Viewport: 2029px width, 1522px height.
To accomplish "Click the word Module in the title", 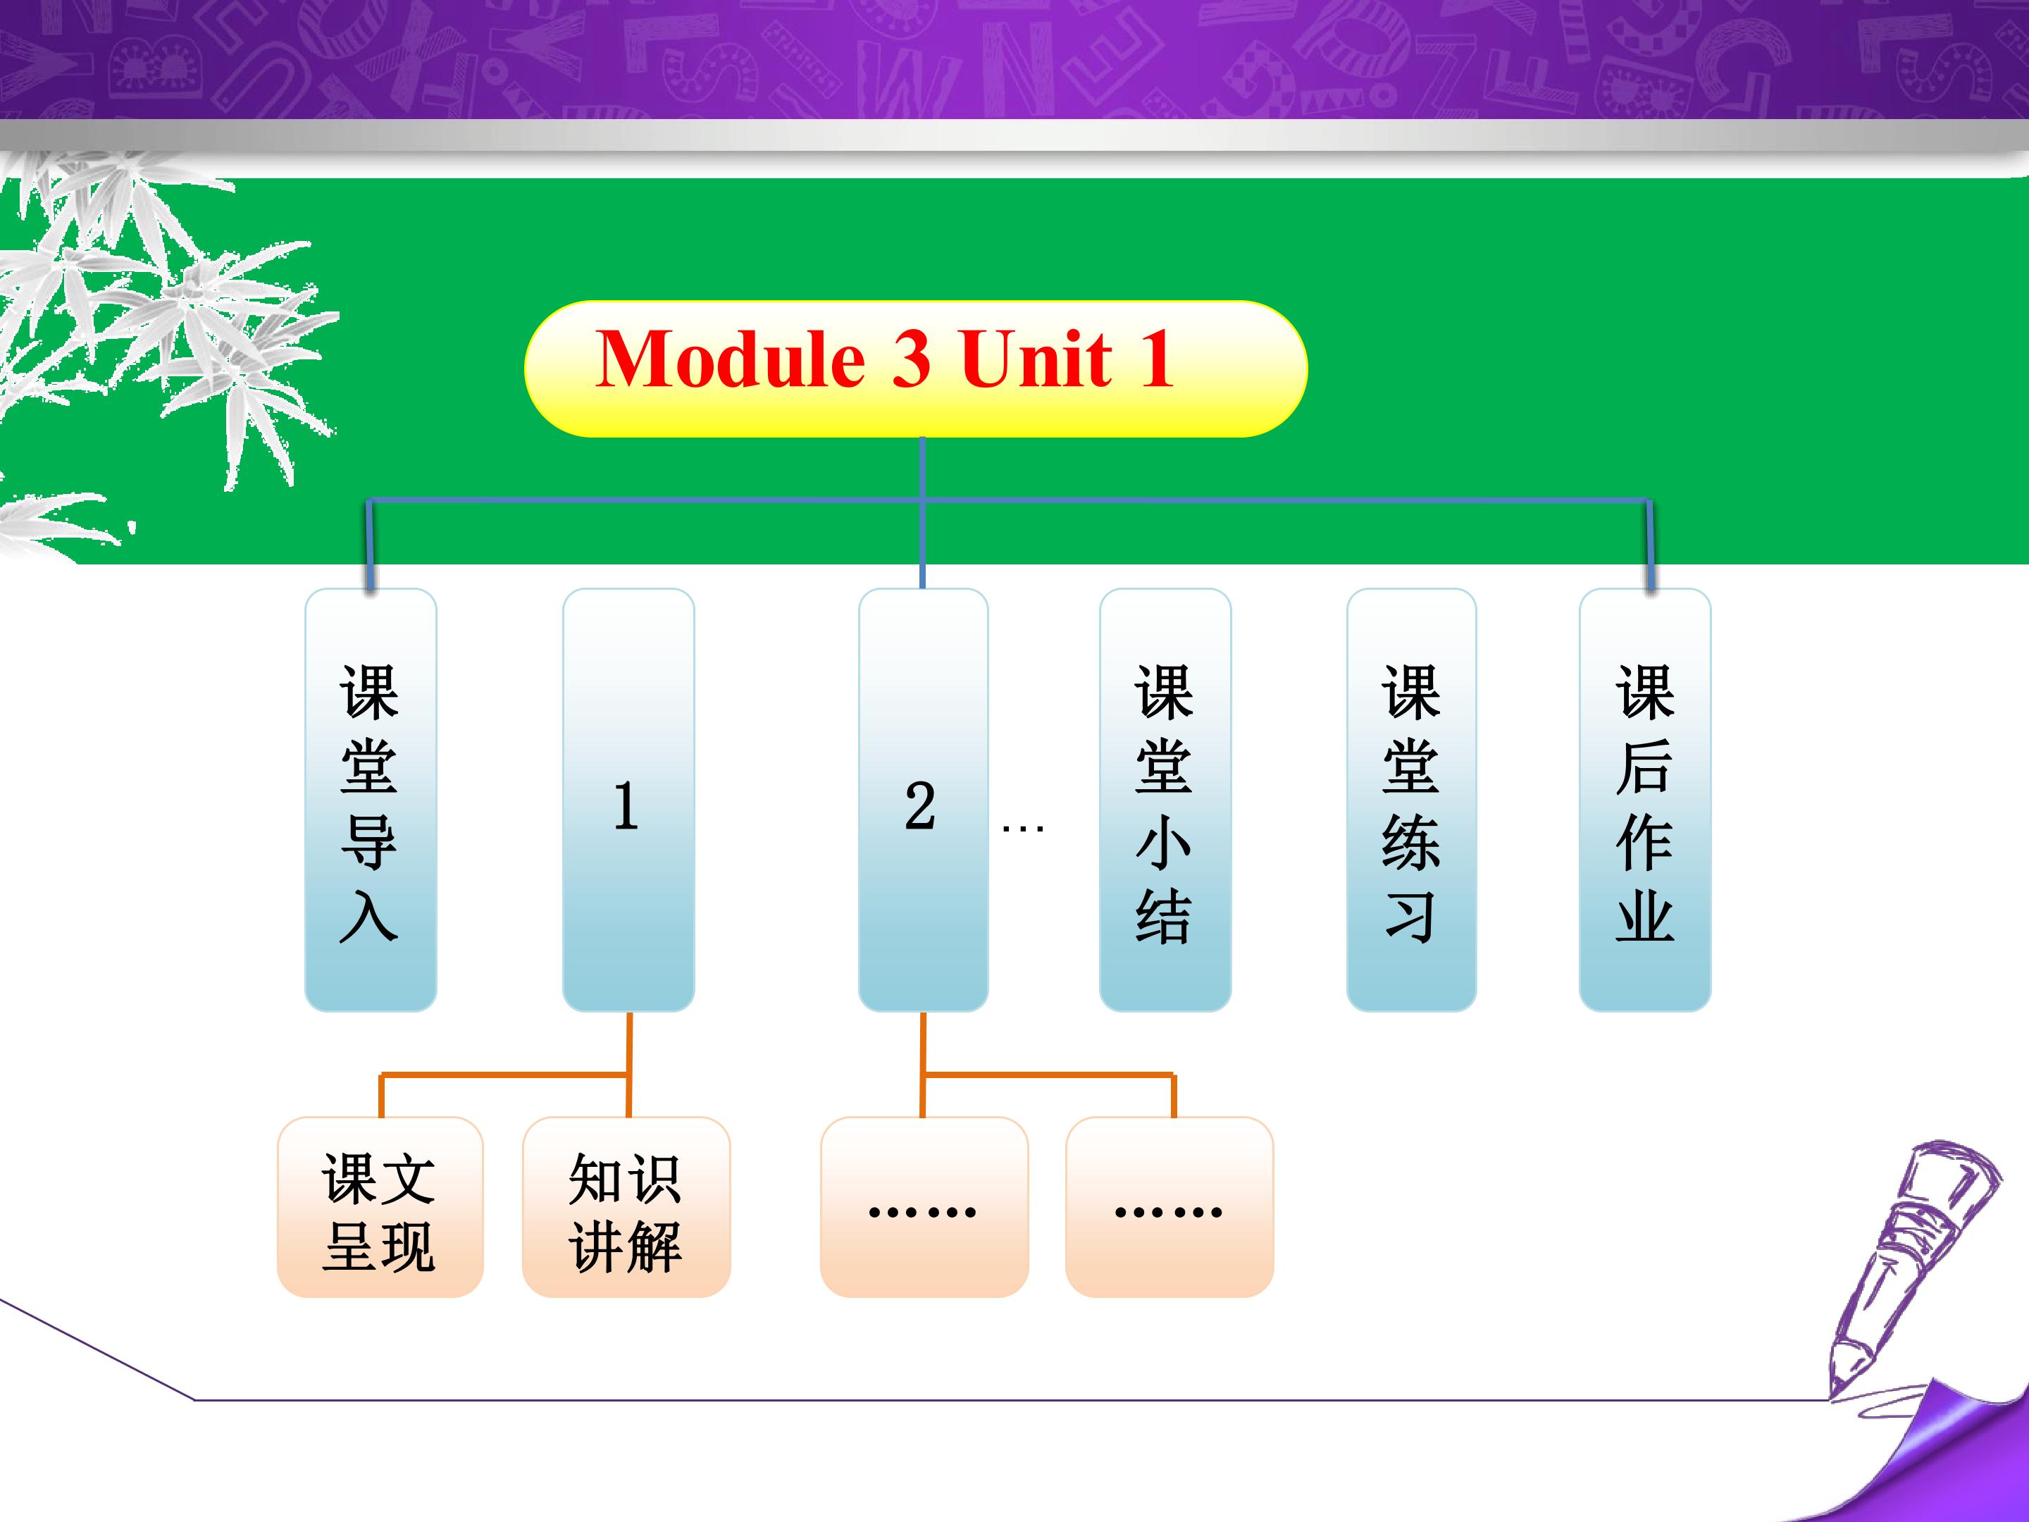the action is (x=731, y=359).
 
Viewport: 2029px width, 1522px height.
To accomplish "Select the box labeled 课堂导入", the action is (x=371, y=800).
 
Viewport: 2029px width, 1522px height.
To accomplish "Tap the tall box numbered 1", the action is (x=628, y=800).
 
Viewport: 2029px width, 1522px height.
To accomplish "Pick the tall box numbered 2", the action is (x=923, y=800).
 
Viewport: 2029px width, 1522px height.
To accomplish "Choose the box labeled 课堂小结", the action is (x=1165, y=800).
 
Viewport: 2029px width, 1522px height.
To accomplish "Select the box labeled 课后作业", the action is (x=1644, y=800).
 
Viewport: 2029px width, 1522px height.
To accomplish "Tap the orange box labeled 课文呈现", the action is (x=380, y=1206).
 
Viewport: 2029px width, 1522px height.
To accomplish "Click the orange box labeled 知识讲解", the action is (x=626, y=1206).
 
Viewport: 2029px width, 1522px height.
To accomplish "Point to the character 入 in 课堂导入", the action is (x=368, y=917).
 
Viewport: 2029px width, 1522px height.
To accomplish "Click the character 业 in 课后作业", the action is (x=1644, y=917).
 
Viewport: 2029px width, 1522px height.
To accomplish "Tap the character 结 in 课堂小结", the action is (x=1164, y=917).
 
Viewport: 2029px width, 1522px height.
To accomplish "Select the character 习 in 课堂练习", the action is (x=1410, y=917).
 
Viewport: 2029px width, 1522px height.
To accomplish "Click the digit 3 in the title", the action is (x=911, y=359).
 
